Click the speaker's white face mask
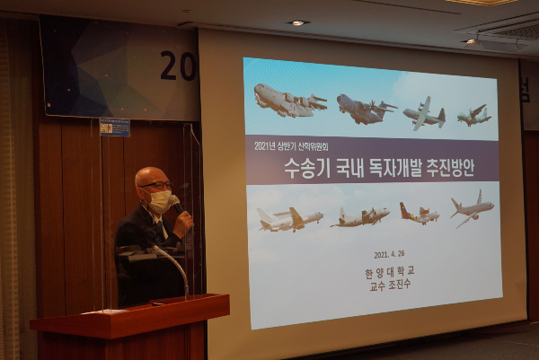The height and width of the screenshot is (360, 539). tap(159, 201)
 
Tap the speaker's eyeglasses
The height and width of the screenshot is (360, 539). tap(155, 186)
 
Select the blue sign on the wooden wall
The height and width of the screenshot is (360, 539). tap(114, 127)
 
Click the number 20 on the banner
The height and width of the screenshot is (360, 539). tap(178, 66)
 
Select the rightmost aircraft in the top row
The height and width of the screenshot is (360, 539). tap(473, 115)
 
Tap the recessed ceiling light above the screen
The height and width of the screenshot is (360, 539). tap(297, 22)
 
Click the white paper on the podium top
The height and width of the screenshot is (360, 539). tap(106, 311)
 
